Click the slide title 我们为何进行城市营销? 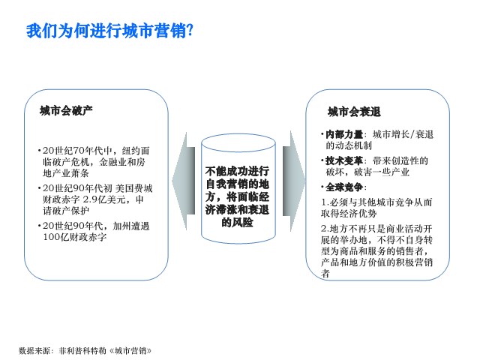(x=110, y=31)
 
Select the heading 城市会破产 (x=66, y=110)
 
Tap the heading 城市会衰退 (x=354, y=112)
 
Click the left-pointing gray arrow (x=183, y=181)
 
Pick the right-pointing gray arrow (x=294, y=181)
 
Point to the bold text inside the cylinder (x=237, y=196)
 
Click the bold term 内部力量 (x=344, y=134)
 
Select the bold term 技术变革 (x=344, y=160)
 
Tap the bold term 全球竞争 (x=344, y=187)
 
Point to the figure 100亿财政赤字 (x=75, y=237)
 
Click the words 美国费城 (x=134, y=188)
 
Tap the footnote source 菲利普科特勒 (x=82, y=350)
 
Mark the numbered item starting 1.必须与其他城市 (x=376, y=208)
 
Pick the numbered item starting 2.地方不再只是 (x=376, y=251)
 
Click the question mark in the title (x=190, y=31)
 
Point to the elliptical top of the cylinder (x=238, y=134)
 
